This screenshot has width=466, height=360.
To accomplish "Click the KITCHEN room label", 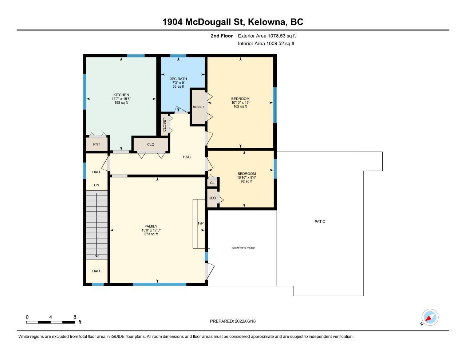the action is pyautogui.click(x=121, y=95).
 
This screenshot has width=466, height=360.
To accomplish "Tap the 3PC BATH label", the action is pyautogui.click(x=178, y=79).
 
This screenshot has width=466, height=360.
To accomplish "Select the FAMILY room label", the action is pyautogui.click(x=151, y=226).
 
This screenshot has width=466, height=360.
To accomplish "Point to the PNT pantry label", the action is pyautogui.click(x=96, y=144).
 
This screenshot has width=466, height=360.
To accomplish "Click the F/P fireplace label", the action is pyautogui.click(x=201, y=223).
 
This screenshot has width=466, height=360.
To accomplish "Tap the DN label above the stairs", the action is pyautogui.click(x=96, y=185).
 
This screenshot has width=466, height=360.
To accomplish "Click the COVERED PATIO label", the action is pyautogui.click(x=244, y=248).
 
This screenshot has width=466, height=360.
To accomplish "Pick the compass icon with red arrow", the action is pyautogui.click(x=430, y=317).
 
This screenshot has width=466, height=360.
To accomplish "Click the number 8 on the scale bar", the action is pyautogui.click(x=75, y=317).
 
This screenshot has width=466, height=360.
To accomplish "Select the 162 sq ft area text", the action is pyautogui.click(x=240, y=106).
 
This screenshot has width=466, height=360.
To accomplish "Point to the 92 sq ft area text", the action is pyautogui.click(x=246, y=181).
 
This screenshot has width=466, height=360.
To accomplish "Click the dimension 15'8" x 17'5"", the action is pyautogui.click(x=151, y=230).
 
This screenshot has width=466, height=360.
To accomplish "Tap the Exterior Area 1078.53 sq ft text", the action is pyautogui.click(x=267, y=36).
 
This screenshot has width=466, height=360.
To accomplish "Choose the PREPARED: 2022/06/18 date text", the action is pyautogui.click(x=233, y=321).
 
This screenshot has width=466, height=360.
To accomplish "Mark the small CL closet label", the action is pyautogui.click(x=212, y=183).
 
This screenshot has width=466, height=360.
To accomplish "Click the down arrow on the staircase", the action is pyautogui.click(x=96, y=225).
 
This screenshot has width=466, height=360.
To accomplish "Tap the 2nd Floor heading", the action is pyautogui.click(x=221, y=36).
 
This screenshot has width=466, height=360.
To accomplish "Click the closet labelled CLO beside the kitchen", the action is pyautogui.click(x=151, y=144).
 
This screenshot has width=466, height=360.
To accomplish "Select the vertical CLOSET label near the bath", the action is pyautogui.click(x=165, y=125).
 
